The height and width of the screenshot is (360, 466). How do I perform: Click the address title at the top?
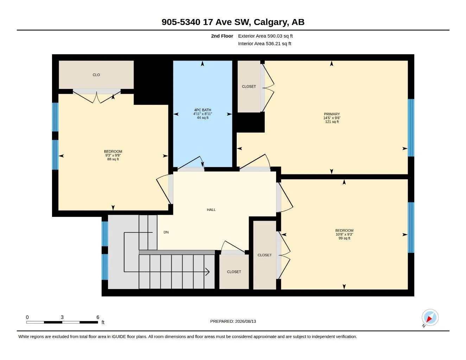233,22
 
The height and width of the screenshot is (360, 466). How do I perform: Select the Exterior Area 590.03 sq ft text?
265,36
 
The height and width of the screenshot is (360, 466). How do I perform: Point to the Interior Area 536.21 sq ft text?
264,44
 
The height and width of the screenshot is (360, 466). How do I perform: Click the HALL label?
211,210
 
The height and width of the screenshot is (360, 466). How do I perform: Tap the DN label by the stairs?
166,232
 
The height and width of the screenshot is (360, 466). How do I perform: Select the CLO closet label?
96,75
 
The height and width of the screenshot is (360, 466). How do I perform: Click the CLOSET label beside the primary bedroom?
249,86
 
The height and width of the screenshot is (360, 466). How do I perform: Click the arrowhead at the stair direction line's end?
208,272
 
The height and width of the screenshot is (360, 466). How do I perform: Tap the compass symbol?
430,317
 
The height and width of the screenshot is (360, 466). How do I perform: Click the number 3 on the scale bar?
62,317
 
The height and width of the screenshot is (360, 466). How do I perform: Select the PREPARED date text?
233,321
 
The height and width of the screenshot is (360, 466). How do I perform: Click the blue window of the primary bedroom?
411,128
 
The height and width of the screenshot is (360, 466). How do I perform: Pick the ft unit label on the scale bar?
103,322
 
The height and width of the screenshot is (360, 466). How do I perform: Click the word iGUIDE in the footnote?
119,337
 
